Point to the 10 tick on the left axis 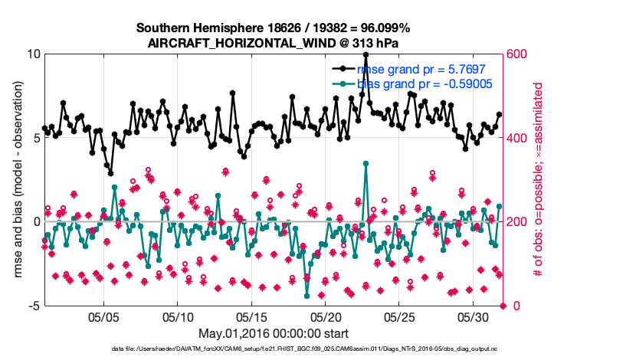pos(33,54)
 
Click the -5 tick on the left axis pos(34,306)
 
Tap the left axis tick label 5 pos(37,139)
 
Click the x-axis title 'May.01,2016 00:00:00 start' pos(274,334)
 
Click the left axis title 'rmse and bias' pos(17,180)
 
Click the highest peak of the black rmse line pos(366,54)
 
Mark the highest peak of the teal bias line pos(366,163)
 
